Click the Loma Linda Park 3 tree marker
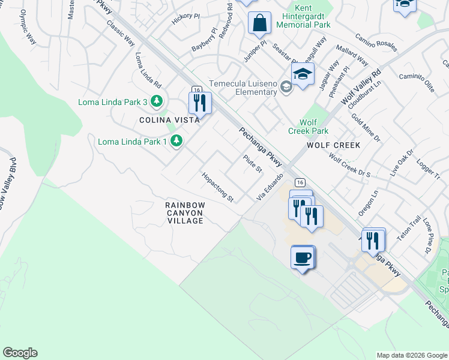click(x=157, y=101)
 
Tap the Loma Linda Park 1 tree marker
click(x=176, y=141)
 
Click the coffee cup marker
click(x=303, y=257)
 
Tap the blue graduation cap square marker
click(x=303, y=75)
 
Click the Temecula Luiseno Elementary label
click(x=243, y=88)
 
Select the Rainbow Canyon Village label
click(x=185, y=213)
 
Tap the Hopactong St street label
click(x=217, y=187)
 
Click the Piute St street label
click(x=253, y=164)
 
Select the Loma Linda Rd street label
click(x=148, y=70)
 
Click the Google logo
click(x=20, y=353)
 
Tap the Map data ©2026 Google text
click(x=412, y=355)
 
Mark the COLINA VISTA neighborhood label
click(x=161, y=120)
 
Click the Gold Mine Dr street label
click(x=366, y=128)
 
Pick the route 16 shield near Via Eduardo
click(x=300, y=182)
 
